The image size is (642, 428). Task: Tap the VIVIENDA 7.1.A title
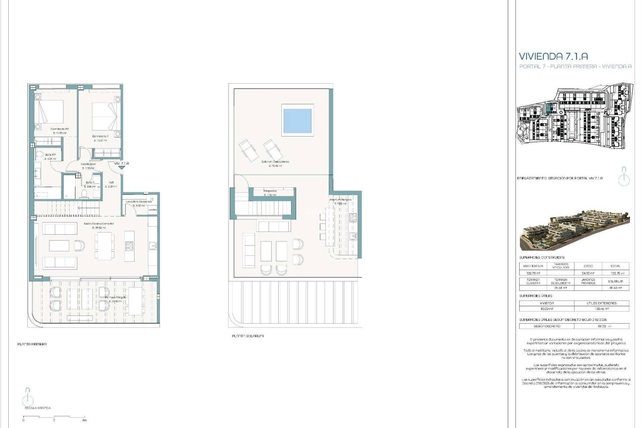coord(553,56)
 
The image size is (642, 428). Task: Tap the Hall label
coord(111,183)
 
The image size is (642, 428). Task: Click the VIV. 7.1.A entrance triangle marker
coord(121,168)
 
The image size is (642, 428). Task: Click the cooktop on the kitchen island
coord(129,246)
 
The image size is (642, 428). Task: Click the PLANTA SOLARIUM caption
coord(248,336)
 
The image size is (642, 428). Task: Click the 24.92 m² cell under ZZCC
coord(588,273)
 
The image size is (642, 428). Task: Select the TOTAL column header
coord(615,266)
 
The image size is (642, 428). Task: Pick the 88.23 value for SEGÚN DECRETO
coord(602,326)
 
